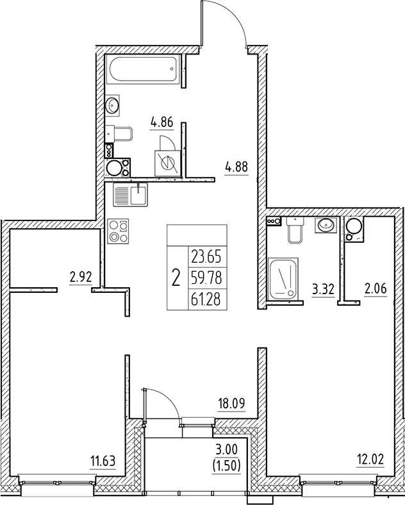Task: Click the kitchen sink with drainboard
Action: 130,195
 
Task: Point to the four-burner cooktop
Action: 119,230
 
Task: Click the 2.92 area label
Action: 80,278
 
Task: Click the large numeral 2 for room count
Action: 176,279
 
